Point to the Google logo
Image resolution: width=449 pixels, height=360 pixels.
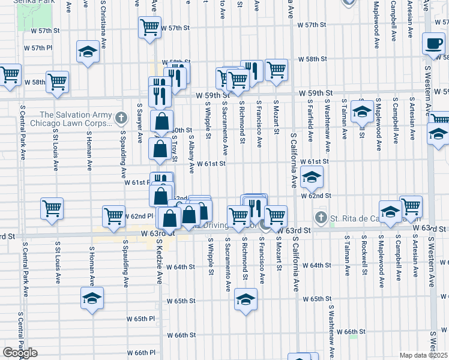pyautogui.click(x=20, y=353)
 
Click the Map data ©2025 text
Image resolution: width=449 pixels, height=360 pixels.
pyautogui.click(x=424, y=355)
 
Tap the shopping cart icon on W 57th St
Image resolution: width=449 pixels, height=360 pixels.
pyautogui.click(x=149, y=27)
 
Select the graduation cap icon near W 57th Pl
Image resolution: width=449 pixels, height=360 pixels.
pyautogui.click(x=88, y=52)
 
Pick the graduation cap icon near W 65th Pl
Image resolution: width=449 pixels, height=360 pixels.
pyautogui.click(x=92, y=298)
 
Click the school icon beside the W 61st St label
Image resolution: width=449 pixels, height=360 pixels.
pyautogui.click(x=312, y=177)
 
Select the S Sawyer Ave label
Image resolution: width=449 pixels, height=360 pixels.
pyautogui.click(x=139, y=121)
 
